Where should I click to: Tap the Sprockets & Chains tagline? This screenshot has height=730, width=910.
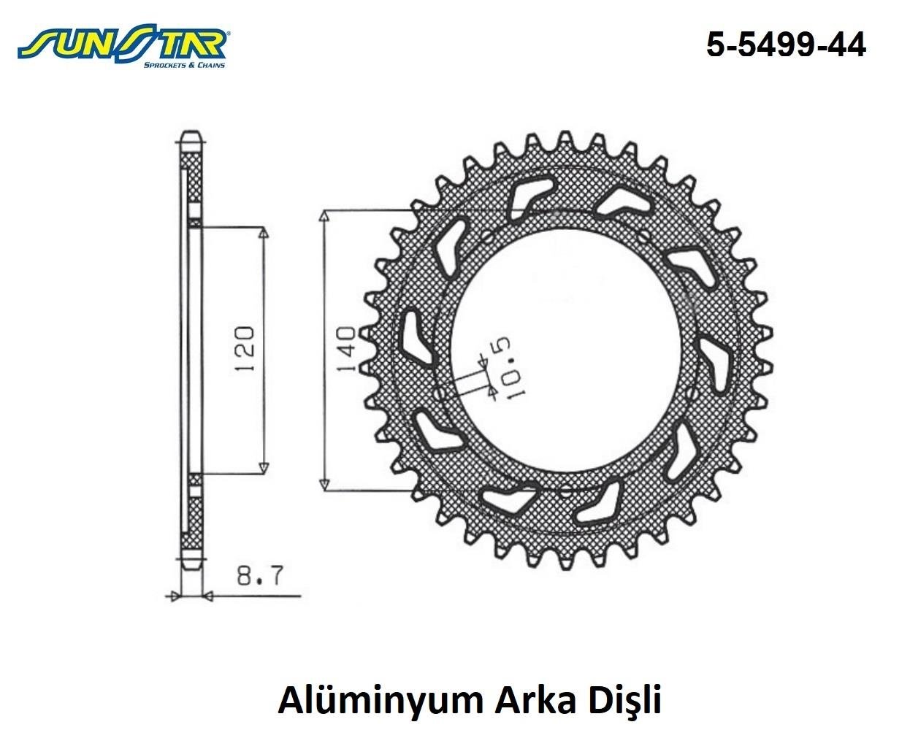click(184, 65)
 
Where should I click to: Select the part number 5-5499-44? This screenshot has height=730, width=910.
click(786, 45)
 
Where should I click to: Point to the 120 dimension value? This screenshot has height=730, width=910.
click(244, 349)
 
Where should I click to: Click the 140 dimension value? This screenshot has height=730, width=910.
click(345, 349)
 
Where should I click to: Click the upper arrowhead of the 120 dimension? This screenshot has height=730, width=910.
click(264, 233)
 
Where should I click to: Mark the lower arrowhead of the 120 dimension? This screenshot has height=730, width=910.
click(264, 467)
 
